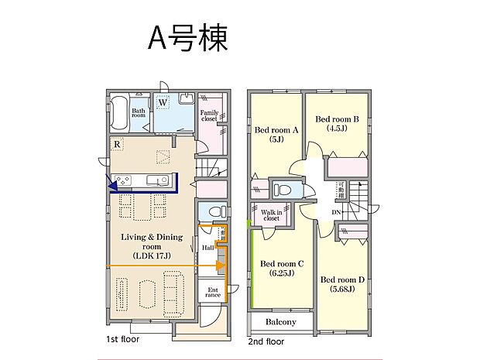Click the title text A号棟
pyautogui.click(x=188, y=37)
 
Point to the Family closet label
pyautogui.click(x=209, y=116)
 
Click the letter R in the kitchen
pyautogui.click(x=116, y=144)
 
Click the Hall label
pyautogui.click(x=207, y=248)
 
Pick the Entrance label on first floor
pyautogui.click(x=211, y=292)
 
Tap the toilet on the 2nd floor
pyautogui.click(x=283, y=189)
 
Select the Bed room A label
pyautogui.click(x=276, y=135)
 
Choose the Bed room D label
pyautogui.click(x=341, y=285)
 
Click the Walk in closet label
pyautogui.click(x=271, y=215)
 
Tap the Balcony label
pyautogui.click(x=281, y=321)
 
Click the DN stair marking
pyautogui.click(x=338, y=211)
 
